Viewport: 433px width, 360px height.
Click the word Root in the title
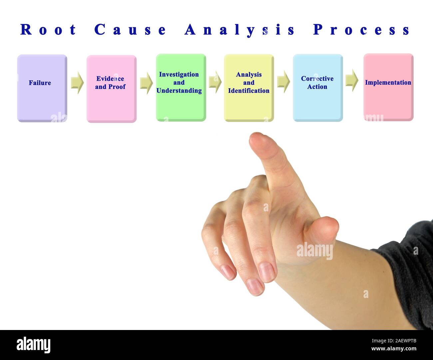coord(48,30)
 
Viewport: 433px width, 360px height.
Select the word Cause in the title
coord(130,30)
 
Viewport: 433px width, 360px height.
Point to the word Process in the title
coord(361,30)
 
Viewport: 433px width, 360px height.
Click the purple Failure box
coord(42,88)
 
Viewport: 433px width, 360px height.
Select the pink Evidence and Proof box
coord(111,89)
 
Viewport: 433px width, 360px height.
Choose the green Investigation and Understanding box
coord(181,87)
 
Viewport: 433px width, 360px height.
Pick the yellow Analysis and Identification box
coord(248,88)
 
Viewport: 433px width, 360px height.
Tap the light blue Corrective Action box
coord(317,88)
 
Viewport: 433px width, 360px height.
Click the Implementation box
coord(388,87)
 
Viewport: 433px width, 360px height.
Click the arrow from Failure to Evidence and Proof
coord(77,82)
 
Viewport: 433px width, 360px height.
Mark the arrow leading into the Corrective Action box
coord(283,81)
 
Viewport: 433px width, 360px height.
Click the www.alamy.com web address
coord(394,349)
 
